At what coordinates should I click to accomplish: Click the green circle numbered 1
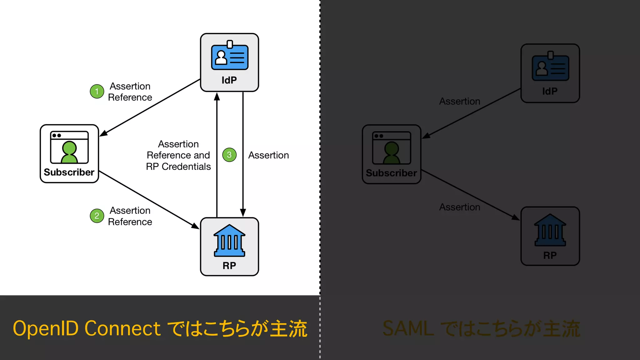coord(97,92)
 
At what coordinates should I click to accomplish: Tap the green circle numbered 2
coord(97,216)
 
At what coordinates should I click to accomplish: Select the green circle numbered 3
coord(229,155)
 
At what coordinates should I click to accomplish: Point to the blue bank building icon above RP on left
coord(229,241)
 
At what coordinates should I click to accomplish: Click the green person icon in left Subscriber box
coord(69,152)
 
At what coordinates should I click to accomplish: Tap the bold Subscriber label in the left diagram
coord(69,172)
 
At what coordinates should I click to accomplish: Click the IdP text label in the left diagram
coord(229,80)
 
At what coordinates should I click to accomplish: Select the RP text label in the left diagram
coord(229,266)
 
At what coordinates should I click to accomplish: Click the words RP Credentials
coord(178,167)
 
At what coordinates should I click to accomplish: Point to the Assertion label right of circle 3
coord(268,155)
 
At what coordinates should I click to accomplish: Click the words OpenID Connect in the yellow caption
coord(87,328)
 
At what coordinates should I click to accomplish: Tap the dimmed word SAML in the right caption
coord(408,328)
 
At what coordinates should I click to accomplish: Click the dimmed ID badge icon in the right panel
coord(550,67)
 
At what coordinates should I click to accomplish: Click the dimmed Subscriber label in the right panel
coord(391,173)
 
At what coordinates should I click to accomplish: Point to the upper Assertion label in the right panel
coord(459,101)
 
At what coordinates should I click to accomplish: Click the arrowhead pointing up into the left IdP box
coord(217,97)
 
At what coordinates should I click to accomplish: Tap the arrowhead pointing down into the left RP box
coord(243,212)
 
